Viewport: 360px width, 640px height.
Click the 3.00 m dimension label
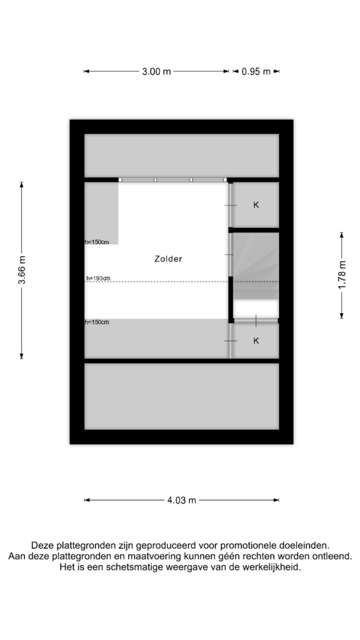(156, 71)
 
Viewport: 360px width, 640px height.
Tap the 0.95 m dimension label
(256, 71)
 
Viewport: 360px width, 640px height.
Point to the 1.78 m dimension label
(342, 275)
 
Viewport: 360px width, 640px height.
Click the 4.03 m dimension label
(182, 500)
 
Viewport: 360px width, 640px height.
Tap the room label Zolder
(168, 258)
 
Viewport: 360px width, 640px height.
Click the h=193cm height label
(98, 279)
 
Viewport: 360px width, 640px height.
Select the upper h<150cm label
(97, 242)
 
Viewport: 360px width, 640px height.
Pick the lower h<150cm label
(97, 322)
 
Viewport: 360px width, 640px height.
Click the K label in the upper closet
(256, 205)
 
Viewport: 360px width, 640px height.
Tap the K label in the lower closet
(256, 341)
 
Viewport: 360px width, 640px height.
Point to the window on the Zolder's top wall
(173, 180)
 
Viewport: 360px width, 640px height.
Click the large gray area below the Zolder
(182, 396)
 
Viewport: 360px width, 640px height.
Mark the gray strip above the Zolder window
(182, 155)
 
